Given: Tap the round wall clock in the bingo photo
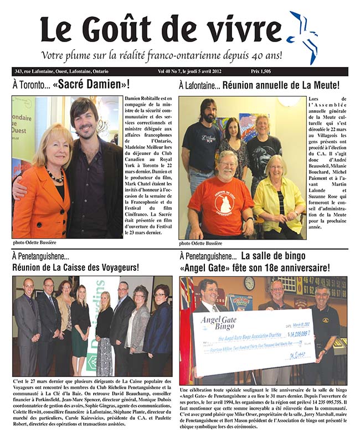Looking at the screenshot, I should (x=249, y=283).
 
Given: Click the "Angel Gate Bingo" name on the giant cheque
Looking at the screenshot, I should (x=219, y=321).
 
